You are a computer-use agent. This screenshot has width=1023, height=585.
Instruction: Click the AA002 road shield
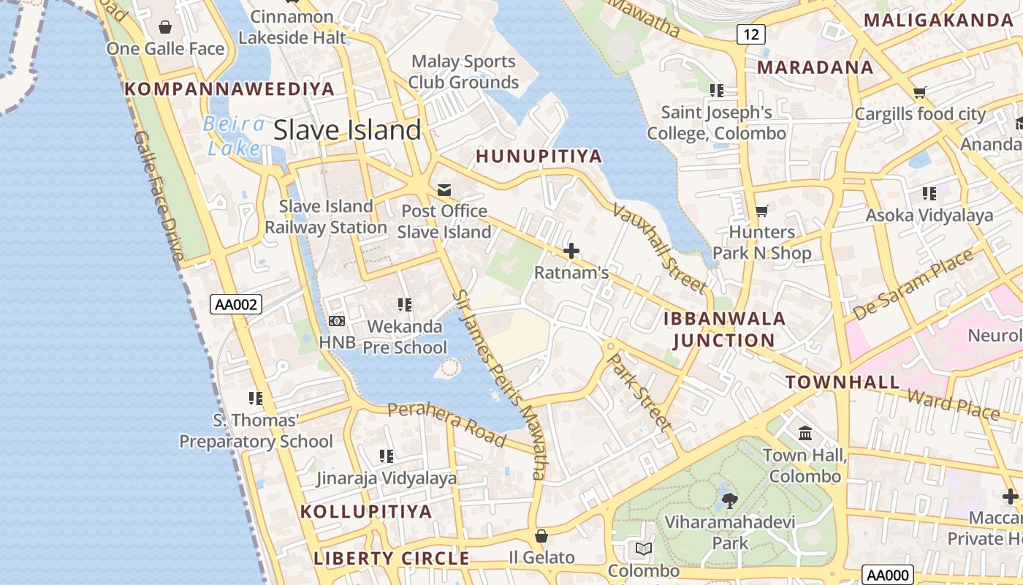pyautogui.click(x=235, y=304)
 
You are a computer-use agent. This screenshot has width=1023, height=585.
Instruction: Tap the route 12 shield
pyautogui.click(x=750, y=34)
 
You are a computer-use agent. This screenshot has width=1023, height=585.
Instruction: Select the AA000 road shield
pyautogui.click(x=887, y=575)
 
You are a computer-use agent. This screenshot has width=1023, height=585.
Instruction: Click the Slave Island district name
pyautogui.click(x=347, y=130)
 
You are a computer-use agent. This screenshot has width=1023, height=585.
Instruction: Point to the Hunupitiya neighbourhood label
pyautogui.click(x=539, y=156)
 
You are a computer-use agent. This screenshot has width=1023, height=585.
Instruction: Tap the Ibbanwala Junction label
pyautogui.click(x=724, y=329)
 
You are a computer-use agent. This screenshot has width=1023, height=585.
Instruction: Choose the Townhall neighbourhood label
pyautogui.click(x=843, y=382)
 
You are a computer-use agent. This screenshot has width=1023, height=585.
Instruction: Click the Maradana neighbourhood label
pyautogui.click(x=815, y=67)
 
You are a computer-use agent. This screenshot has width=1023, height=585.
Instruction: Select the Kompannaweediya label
pyautogui.click(x=229, y=89)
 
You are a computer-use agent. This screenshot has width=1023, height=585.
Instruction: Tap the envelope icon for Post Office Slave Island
pyautogui.click(x=444, y=191)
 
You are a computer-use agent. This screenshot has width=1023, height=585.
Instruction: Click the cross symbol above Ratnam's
pyautogui.click(x=571, y=252)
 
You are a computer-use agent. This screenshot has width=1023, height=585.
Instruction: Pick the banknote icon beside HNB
pyautogui.click(x=337, y=321)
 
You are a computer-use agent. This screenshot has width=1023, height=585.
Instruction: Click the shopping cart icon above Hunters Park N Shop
pyautogui.click(x=761, y=211)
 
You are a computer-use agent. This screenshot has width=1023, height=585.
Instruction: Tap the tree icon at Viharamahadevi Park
pyautogui.click(x=729, y=501)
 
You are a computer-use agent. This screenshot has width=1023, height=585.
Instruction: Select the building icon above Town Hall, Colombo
pyautogui.click(x=805, y=434)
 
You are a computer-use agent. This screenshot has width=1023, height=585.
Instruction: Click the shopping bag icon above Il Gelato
pyautogui.click(x=541, y=536)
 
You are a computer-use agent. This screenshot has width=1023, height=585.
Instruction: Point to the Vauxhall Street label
pyautogui.click(x=658, y=247)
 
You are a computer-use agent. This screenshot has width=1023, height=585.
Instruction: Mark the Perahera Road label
pyautogui.click(x=446, y=424)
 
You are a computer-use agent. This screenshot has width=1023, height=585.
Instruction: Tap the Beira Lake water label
pyautogui.click(x=234, y=136)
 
